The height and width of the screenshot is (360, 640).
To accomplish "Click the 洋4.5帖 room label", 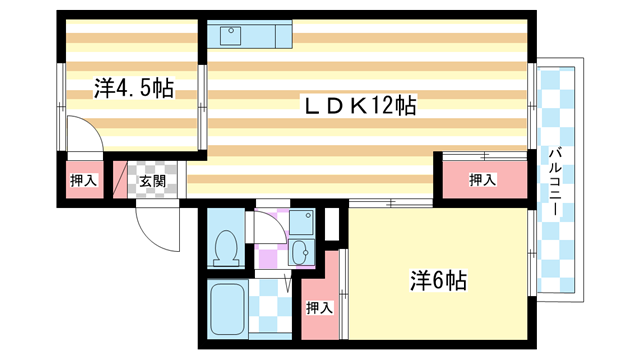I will point(134,89).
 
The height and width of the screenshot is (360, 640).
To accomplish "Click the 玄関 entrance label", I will point(152,181).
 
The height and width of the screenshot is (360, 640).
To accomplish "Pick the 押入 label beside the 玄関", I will point(84,181).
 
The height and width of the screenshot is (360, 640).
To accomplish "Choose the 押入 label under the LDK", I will point(483,180).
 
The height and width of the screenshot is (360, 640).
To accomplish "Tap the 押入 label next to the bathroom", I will point(318,307).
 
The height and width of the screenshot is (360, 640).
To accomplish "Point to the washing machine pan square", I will point(302,221).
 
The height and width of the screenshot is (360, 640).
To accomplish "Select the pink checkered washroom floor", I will point(270,252).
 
